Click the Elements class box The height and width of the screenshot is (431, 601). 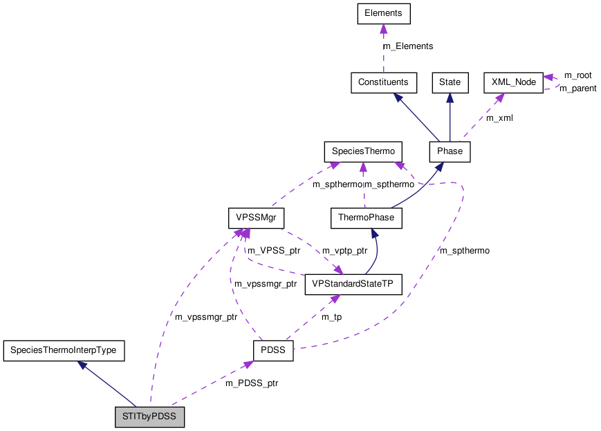[x=383, y=12]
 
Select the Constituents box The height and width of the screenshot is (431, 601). [x=383, y=82]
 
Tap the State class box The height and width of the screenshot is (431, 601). [x=450, y=82]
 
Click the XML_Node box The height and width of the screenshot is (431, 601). [x=513, y=82]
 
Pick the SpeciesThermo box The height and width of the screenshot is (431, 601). [x=363, y=151]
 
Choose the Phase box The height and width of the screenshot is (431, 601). [x=450, y=151]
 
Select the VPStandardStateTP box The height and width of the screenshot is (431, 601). [x=353, y=284]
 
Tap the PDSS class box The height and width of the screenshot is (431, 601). [x=273, y=351]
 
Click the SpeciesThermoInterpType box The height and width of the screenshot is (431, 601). [x=64, y=351]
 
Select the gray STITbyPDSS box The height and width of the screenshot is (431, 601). [x=150, y=417]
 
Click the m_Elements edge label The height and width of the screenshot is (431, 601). [x=408, y=46]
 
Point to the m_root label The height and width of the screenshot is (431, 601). [x=577, y=75]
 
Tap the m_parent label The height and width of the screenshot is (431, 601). [x=577, y=88]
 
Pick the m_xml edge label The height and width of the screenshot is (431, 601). [x=499, y=118]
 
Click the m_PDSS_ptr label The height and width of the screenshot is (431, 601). [x=252, y=383]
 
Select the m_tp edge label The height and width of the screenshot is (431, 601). [x=332, y=317]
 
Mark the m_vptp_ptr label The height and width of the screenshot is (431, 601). [x=344, y=251]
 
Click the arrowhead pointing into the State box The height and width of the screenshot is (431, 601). [x=450, y=97]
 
